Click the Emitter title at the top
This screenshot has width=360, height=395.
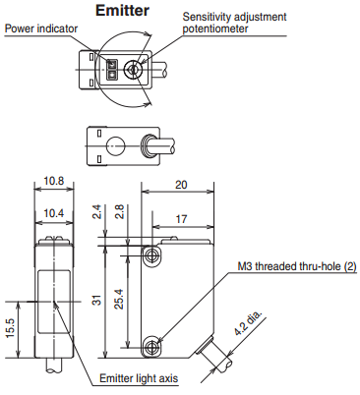tap(122, 10)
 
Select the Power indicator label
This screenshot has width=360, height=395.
tap(41, 28)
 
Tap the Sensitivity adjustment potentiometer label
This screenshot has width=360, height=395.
tap(234, 23)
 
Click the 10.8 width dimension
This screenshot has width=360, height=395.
tap(54, 181)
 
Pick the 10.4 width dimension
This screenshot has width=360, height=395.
tap(54, 213)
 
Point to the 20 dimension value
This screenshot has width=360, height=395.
tap(181, 185)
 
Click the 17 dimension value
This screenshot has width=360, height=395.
tap(181, 219)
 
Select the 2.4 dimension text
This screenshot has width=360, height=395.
tap(97, 211)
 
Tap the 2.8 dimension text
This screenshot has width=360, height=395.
tap(120, 211)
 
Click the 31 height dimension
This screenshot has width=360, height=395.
tap(97, 300)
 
